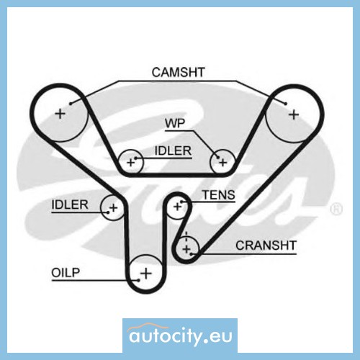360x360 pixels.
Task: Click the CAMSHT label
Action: (x=178, y=72)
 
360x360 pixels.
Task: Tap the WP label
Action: (x=175, y=123)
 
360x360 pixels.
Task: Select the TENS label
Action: (x=218, y=194)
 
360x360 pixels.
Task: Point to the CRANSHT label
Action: (x=266, y=246)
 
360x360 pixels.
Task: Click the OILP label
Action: (x=66, y=273)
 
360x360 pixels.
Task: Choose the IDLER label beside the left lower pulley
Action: (x=70, y=204)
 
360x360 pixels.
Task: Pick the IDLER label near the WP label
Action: (x=173, y=150)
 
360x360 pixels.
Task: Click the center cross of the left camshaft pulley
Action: (x=60, y=114)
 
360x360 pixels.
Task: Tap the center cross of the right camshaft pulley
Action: (x=294, y=114)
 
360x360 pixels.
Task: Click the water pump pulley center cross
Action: (x=223, y=163)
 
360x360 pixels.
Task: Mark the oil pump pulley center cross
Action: (x=146, y=274)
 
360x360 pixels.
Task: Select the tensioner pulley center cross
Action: (x=177, y=207)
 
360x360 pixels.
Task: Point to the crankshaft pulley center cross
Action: (x=186, y=249)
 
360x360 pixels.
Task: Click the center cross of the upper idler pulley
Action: (x=131, y=163)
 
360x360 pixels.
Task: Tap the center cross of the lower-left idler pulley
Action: (x=113, y=207)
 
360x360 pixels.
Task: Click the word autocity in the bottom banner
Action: (x=165, y=336)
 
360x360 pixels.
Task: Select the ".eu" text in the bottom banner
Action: (x=218, y=337)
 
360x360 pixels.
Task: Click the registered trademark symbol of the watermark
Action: (x=336, y=209)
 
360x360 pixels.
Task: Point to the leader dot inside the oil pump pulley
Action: (x=139, y=280)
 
